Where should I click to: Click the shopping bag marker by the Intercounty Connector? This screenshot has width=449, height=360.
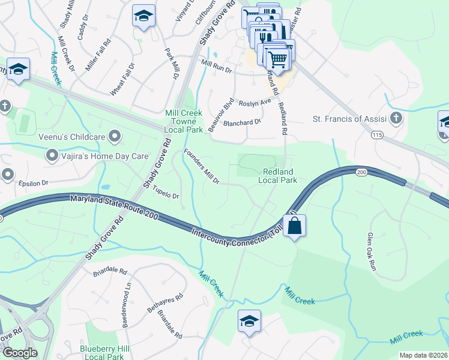[294, 226]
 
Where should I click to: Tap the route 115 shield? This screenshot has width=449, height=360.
[377, 136]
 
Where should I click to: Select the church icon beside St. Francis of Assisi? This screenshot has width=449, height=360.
[396, 119]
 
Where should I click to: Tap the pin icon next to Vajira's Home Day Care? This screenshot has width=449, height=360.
[52, 156]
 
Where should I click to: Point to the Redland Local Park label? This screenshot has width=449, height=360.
[278, 176]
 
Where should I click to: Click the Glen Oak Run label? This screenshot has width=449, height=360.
[372, 252]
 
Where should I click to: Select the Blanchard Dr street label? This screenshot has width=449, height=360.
[242, 121]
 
